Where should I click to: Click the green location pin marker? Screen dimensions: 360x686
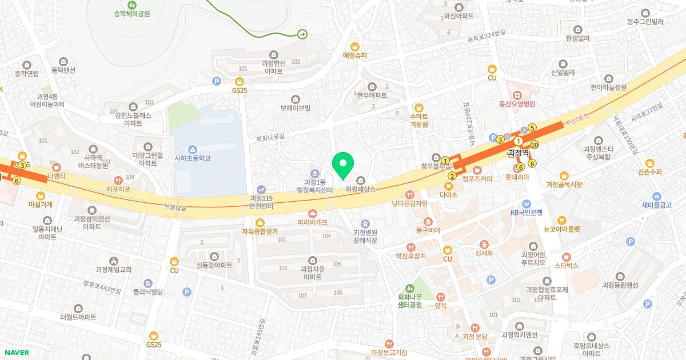[x=343, y=165]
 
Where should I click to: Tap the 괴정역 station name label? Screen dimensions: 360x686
[x=519, y=153]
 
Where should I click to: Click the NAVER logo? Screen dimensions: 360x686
[x=15, y=352]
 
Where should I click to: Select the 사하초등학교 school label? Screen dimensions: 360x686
[x=193, y=158]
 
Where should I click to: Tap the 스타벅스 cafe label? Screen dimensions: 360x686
[x=566, y=265]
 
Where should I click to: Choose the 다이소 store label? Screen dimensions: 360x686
[x=449, y=194]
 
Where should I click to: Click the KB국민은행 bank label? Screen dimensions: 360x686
[x=526, y=212]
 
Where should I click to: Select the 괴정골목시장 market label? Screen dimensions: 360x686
[x=564, y=184]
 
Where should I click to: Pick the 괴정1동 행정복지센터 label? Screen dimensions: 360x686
[x=314, y=186]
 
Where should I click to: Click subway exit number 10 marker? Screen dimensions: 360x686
[x=535, y=145]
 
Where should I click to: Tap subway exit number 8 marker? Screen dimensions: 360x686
[x=532, y=164]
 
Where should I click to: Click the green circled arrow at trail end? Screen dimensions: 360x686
[x=302, y=34]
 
